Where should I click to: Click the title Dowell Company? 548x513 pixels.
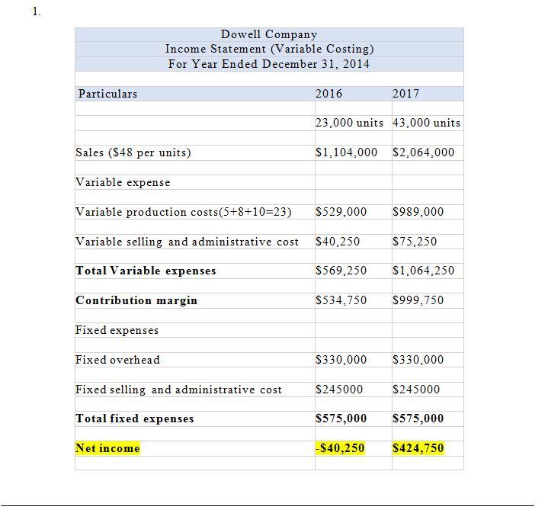click(269, 34)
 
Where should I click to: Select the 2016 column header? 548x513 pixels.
click(329, 94)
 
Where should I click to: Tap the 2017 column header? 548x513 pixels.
click(405, 94)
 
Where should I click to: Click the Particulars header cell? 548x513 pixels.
click(107, 94)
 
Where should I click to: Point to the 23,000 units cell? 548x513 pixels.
click(349, 123)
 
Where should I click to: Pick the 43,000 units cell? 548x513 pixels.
click(426, 123)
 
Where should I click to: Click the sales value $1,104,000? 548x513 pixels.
click(346, 152)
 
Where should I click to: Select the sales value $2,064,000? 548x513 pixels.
click(423, 152)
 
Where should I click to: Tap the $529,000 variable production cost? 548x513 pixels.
click(341, 212)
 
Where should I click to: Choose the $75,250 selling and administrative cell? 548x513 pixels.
click(415, 242)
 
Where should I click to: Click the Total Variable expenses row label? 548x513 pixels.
click(146, 271)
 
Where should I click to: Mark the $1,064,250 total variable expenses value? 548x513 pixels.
click(423, 271)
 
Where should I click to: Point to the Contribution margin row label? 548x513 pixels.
click(136, 300)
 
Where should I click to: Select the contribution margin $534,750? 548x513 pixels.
click(341, 300)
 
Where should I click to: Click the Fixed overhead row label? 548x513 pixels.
click(117, 360)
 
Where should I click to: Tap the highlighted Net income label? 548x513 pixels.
click(107, 448)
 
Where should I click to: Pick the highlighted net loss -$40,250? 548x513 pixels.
click(340, 448)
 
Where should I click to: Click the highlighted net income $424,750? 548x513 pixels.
click(418, 448)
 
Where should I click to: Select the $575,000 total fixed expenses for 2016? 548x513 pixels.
click(341, 418)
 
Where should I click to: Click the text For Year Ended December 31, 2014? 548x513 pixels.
click(269, 64)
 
